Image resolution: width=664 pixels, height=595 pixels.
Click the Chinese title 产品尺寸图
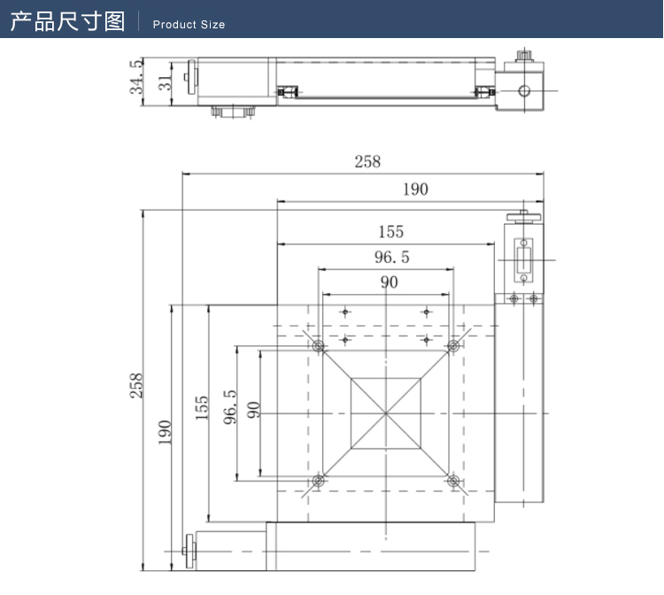pyautogui.click(x=67, y=21)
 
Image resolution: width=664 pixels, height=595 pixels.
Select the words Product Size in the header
pyautogui.click(x=189, y=25)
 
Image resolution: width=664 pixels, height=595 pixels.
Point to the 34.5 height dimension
pyautogui.click(x=136, y=78)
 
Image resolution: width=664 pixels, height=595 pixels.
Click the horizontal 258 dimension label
pyautogui.click(x=367, y=161)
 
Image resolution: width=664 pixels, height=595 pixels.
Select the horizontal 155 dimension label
pyautogui.click(x=390, y=231)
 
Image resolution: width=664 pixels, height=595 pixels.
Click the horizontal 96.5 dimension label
pyautogui.click(x=390, y=258)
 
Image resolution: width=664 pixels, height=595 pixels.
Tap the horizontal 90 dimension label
pyautogui.click(x=389, y=282)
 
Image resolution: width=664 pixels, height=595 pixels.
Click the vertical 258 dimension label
pyautogui.click(x=136, y=387)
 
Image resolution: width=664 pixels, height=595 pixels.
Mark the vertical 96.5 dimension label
pyautogui.click(x=229, y=407)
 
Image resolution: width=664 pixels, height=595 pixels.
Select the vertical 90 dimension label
pyautogui.click(x=254, y=410)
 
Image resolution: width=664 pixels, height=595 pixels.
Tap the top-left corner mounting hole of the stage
pyautogui.click(x=318, y=345)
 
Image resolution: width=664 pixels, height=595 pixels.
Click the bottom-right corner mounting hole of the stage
pyautogui.click(x=453, y=481)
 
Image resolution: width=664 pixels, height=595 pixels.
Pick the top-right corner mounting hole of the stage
pyautogui.click(x=453, y=345)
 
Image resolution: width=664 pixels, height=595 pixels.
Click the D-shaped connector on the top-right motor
pyautogui.click(x=524, y=260)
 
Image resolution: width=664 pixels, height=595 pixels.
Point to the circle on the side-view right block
pyautogui.click(x=524, y=90)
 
